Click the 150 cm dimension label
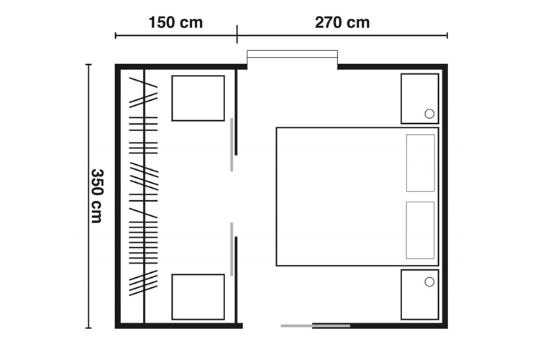point(176,22)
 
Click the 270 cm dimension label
point(342,22)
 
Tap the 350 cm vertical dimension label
point(97,197)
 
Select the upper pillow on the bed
point(420,163)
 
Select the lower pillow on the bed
point(420,230)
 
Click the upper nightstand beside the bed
point(419,99)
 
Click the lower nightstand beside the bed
point(419,294)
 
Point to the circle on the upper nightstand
point(429,114)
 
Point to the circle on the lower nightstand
point(429,282)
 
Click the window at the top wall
point(292,54)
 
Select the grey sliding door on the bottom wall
point(316,326)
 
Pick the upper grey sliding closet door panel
point(232,145)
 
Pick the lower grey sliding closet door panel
point(232,249)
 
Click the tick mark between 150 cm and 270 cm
point(237,35)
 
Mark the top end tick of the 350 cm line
point(88,65)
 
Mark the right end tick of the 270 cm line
point(447,35)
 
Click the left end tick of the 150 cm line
point(116,35)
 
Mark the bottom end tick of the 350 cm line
point(88,328)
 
